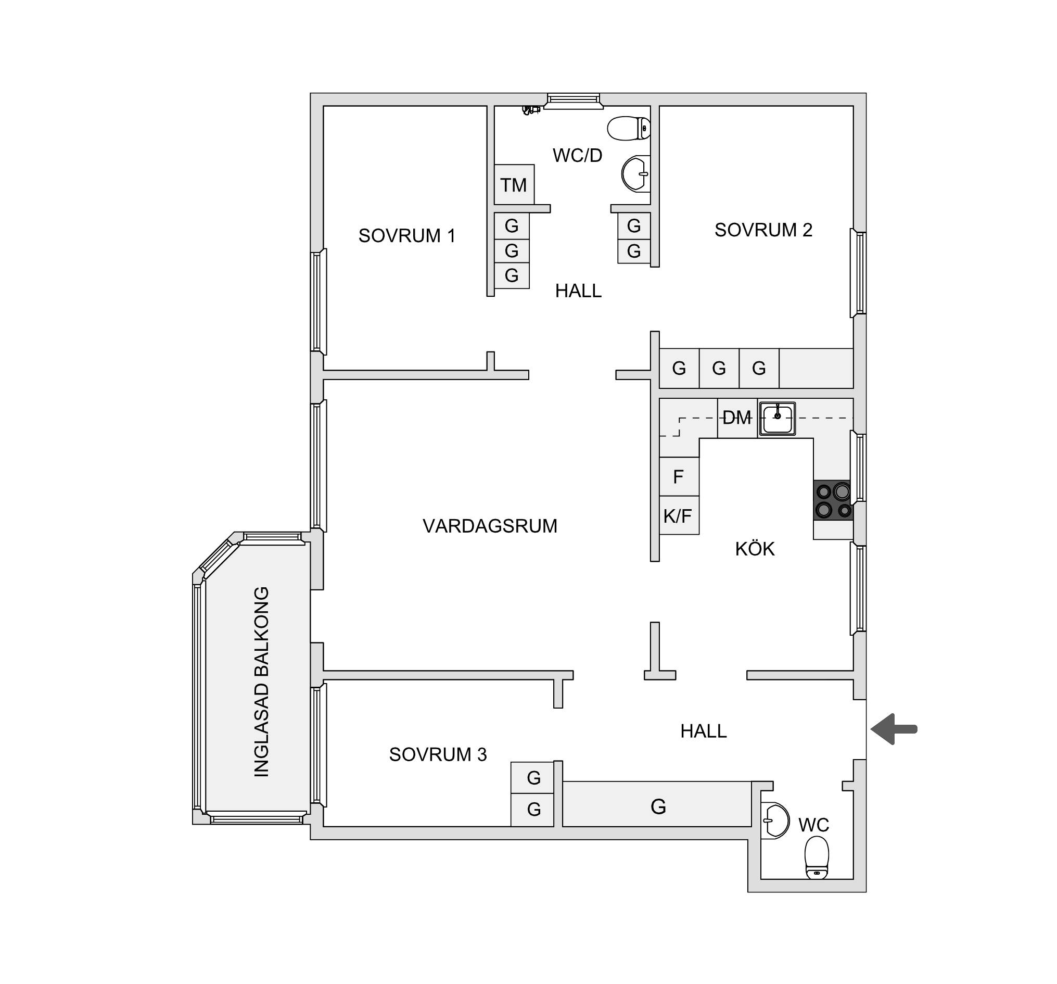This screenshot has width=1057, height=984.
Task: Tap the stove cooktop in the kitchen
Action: (833, 500)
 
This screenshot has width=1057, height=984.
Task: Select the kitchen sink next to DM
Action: (778, 419)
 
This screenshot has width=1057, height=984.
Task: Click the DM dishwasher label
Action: (737, 418)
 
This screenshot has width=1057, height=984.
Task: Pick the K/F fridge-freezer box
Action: (679, 515)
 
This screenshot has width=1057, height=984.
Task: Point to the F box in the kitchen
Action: (679, 476)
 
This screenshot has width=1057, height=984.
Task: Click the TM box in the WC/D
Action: (514, 185)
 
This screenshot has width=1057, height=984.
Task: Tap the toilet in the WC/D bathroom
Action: (629, 128)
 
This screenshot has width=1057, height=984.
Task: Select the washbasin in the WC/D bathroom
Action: (636, 174)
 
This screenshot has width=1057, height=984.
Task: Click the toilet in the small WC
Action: (817, 857)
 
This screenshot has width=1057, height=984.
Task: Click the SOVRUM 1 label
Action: (407, 236)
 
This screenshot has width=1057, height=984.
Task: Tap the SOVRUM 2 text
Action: (763, 230)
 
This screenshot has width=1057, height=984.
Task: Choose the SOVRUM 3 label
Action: (438, 754)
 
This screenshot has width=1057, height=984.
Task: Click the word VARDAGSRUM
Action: (490, 526)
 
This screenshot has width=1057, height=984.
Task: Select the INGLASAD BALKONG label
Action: (262, 682)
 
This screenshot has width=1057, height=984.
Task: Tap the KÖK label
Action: (755, 549)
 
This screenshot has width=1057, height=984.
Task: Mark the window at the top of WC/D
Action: (573, 101)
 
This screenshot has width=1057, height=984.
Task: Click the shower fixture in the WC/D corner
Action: (531, 110)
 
